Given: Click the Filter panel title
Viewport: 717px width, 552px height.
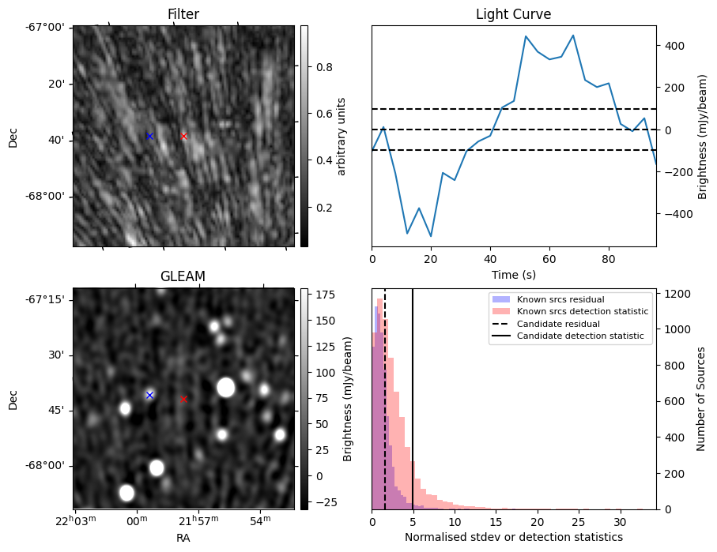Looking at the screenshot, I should point(183,14).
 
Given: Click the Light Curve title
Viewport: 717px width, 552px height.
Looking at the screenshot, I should point(513,14).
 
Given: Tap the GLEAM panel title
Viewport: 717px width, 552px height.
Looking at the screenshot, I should point(183,276).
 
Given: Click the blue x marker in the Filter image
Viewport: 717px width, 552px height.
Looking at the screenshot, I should point(149,136).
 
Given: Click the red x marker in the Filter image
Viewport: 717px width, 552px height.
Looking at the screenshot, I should point(184,136).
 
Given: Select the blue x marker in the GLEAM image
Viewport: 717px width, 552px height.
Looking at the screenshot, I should point(149,395).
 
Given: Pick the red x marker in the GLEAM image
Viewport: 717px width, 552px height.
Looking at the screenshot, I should point(184,399).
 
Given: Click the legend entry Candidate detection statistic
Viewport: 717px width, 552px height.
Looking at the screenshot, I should point(579,337).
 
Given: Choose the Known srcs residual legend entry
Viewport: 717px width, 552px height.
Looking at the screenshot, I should point(560,299).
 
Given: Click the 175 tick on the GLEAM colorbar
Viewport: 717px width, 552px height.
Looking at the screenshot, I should point(317,295).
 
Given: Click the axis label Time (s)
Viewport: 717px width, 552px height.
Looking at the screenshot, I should point(513,273).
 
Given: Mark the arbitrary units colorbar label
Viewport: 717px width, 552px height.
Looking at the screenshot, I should point(342,136).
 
